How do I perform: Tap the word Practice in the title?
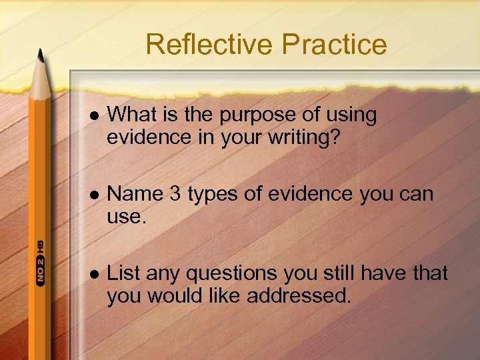(x=334, y=45)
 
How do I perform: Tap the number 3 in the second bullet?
(x=175, y=195)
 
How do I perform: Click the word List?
(x=124, y=273)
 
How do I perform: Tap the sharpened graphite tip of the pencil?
(x=41, y=55)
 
